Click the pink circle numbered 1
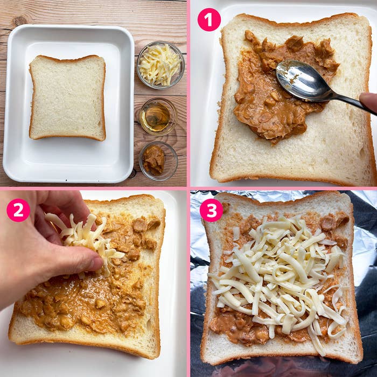tap(209, 20)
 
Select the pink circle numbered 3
tap(211, 210)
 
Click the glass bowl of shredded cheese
tap(160, 65)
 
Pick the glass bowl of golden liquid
tap(158, 116)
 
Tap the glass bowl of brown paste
tap(158, 161)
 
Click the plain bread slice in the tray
tap(67, 97)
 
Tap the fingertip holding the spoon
tap(368, 102)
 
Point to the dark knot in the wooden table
tap(20, 21)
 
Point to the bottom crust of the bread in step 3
tap(281, 358)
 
